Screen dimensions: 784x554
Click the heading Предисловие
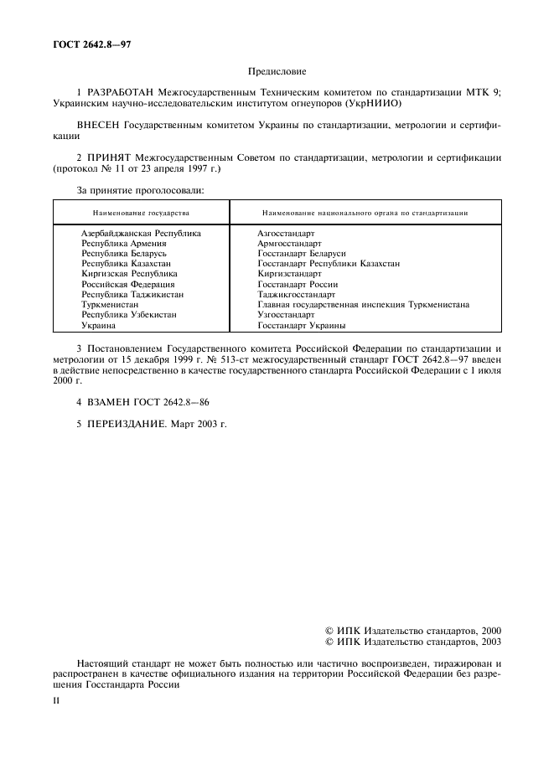277,73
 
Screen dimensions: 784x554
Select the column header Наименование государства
141,213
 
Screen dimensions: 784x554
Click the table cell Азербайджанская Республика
141,233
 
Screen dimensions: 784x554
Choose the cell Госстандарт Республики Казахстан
329,263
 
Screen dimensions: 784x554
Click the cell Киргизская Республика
129,273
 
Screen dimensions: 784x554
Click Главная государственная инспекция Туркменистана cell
363,305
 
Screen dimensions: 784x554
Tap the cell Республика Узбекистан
128,315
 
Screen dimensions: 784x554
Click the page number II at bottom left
55,701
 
